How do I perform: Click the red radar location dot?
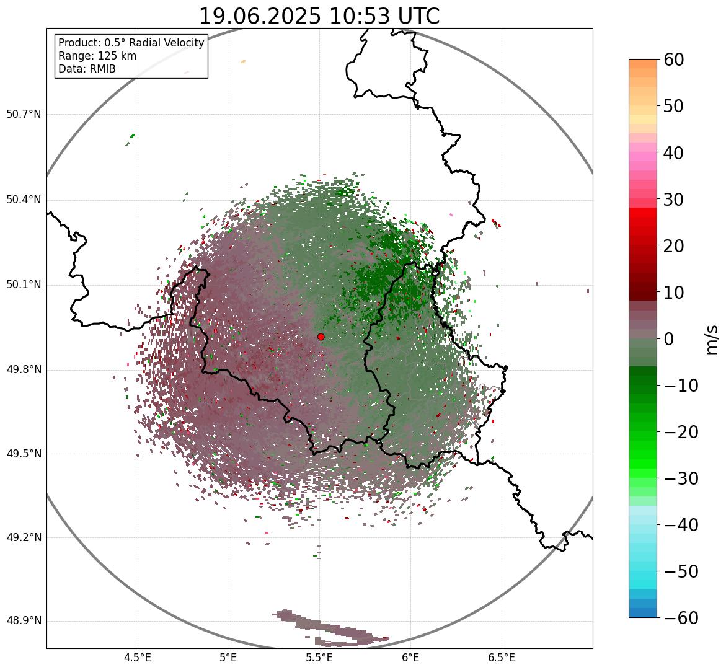pos(321,337)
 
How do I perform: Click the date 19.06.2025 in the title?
pos(260,17)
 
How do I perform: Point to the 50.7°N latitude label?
pos(23,115)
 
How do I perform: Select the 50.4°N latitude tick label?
pos(23,200)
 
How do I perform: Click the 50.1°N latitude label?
pos(23,285)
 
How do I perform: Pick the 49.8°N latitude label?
pos(23,370)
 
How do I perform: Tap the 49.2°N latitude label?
pos(23,537)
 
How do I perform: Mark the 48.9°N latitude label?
pos(23,621)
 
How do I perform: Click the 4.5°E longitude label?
pos(138,658)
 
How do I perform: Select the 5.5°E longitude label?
pos(320,658)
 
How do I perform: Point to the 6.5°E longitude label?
pos(502,658)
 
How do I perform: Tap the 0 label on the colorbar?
pos(670,339)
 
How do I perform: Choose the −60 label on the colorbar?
pos(681,618)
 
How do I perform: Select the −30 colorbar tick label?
pos(681,478)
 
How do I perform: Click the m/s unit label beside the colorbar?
pos(712,339)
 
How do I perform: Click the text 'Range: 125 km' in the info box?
pos(97,56)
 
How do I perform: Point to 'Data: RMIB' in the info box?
pos(87,69)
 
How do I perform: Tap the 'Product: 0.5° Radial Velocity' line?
pos(131,43)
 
